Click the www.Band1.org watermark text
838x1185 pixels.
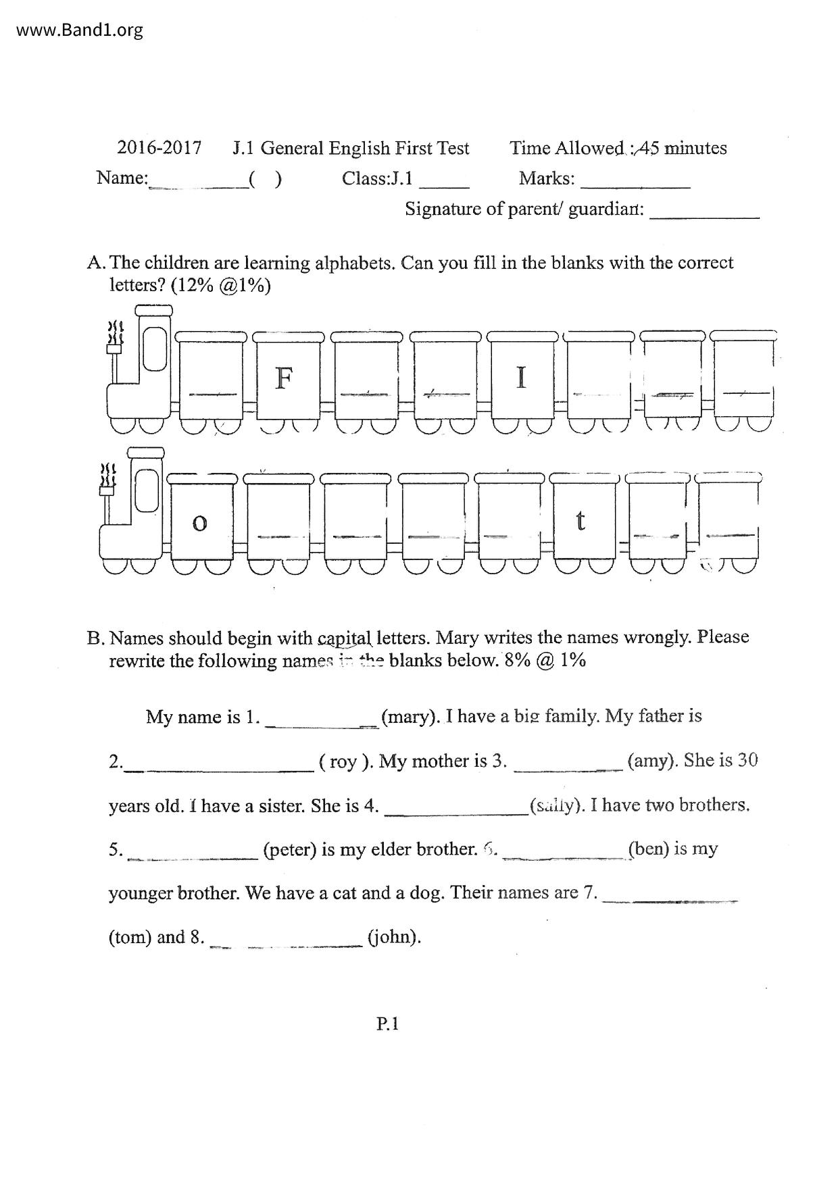[79, 30]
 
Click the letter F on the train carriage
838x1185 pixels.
[284, 378]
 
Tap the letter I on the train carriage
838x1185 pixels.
[520, 376]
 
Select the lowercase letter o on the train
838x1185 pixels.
[199, 523]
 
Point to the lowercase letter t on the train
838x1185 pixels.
[580, 521]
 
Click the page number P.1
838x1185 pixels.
[388, 1024]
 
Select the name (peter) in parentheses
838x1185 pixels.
[290, 849]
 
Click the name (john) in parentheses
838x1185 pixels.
[394, 937]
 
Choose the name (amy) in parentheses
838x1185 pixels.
[652, 761]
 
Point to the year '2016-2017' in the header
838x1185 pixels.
[159, 148]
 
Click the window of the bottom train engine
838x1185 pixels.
[146, 489]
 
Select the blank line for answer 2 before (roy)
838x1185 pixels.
[220, 768]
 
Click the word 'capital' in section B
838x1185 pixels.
[344, 638]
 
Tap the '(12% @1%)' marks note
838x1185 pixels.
[221, 286]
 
